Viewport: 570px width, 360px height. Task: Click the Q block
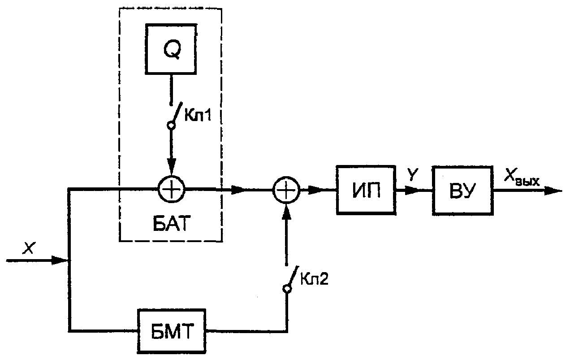point(171,49)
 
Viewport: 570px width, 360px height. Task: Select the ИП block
point(366,190)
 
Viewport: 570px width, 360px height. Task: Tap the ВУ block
point(462,191)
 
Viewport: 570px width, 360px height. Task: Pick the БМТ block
point(172,331)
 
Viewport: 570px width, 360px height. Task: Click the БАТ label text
point(172,224)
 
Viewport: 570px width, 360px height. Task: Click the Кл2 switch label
point(314,279)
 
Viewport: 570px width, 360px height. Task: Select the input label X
point(29,248)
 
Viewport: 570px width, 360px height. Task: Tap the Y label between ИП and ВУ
point(412,175)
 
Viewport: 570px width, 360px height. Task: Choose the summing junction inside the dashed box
point(172,190)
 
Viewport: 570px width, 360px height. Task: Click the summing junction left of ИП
point(286,190)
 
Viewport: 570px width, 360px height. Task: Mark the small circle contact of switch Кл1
point(171,125)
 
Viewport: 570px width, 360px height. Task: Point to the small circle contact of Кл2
point(287,289)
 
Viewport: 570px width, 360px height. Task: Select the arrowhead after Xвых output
point(553,191)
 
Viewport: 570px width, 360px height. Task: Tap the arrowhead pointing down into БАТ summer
point(171,167)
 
